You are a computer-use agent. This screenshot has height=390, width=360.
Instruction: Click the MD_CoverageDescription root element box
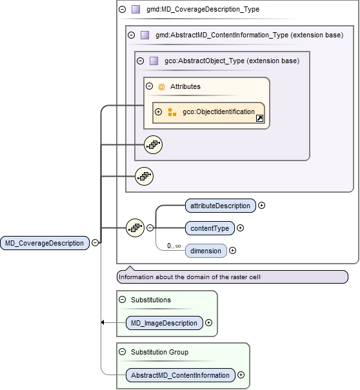[x=45, y=243]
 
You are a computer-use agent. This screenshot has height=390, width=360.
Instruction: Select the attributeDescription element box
[x=219, y=206]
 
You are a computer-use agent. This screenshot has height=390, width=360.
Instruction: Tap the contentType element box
[x=209, y=228]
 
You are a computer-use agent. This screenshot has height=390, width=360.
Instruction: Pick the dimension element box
[x=206, y=251]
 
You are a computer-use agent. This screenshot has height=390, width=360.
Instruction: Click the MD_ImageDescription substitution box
[x=164, y=323]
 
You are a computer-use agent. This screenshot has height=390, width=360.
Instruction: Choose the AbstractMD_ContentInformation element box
[x=180, y=375]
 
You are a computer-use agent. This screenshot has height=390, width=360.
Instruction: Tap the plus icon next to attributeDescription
[x=261, y=206]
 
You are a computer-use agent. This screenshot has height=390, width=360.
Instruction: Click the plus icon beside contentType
[x=240, y=228]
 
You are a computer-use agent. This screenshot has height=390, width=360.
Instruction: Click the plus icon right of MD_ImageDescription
[x=208, y=323]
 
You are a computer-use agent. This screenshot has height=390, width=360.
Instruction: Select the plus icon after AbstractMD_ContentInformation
[x=241, y=375]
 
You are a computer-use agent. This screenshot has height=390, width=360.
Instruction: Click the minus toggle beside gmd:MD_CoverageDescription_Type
[x=123, y=10]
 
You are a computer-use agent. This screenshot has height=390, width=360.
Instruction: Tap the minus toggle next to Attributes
[x=149, y=86]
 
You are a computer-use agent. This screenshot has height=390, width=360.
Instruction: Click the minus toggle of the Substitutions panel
[x=122, y=300]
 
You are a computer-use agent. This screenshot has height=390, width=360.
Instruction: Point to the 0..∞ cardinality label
[x=174, y=246]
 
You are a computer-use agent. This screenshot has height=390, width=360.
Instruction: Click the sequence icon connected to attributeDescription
[x=135, y=227]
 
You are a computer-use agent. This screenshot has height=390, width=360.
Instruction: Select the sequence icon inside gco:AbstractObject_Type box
[x=153, y=145]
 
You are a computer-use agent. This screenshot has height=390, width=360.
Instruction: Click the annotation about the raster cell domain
[x=232, y=277]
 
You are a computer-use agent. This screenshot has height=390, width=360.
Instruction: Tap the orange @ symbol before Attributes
[x=161, y=86]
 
